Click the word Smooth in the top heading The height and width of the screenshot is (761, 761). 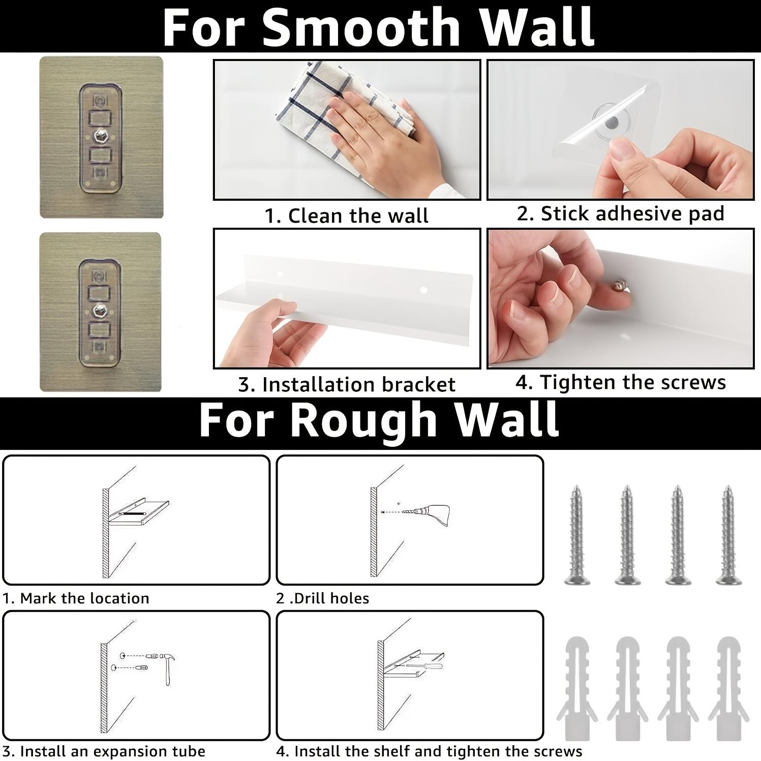pyautogui.click(x=361, y=28)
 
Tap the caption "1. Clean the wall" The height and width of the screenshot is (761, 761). pyautogui.click(x=347, y=216)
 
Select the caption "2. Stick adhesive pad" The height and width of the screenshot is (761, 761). pyautogui.click(x=620, y=214)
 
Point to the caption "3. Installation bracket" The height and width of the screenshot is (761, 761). pyautogui.click(x=347, y=385)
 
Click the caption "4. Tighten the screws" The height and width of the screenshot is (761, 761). pyautogui.click(x=621, y=382)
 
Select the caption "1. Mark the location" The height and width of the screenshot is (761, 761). pyautogui.click(x=76, y=598)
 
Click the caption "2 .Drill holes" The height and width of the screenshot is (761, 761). pyautogui.click(x=323, y=598)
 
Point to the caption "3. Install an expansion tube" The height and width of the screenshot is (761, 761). pyautogui.click(x=104, y=751)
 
